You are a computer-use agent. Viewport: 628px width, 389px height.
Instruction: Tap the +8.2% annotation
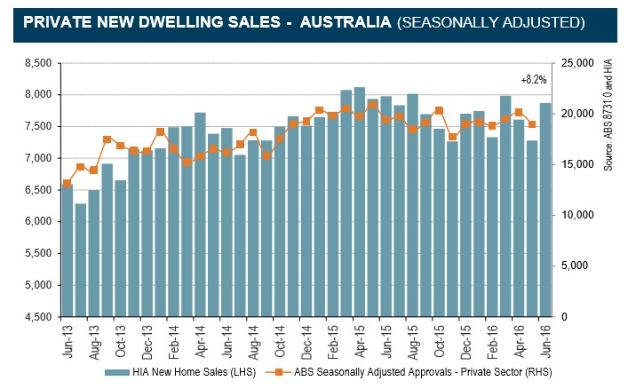[x=534, y=79]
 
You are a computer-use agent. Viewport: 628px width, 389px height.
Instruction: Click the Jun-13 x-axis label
[x=67, y=338]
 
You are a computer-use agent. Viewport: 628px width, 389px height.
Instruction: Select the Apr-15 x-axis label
[x=358, y=338]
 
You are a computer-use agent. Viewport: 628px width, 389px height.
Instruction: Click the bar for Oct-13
[x=120, y=248]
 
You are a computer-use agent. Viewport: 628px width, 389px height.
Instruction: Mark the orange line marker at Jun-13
[x=67, y=183]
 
